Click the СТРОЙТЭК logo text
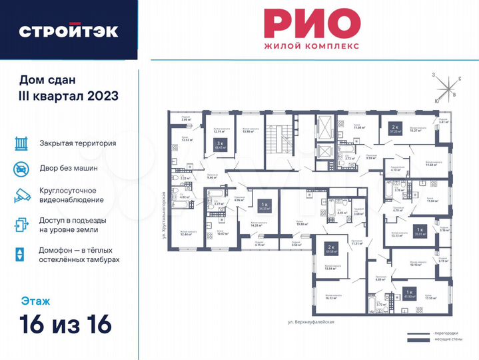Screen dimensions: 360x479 (x=69, y=31)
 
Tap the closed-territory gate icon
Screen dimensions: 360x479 (x=21, y=143)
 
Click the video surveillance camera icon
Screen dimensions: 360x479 (x=21, y=195)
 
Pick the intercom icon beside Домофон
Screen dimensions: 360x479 (x=21, y=254)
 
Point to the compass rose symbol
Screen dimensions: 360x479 (x=445, y=87)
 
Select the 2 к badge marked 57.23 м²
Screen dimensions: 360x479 (x=395, y=128)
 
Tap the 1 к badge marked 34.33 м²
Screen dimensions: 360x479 (x=264, y=206)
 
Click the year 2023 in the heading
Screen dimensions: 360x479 (x=102, y=95)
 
